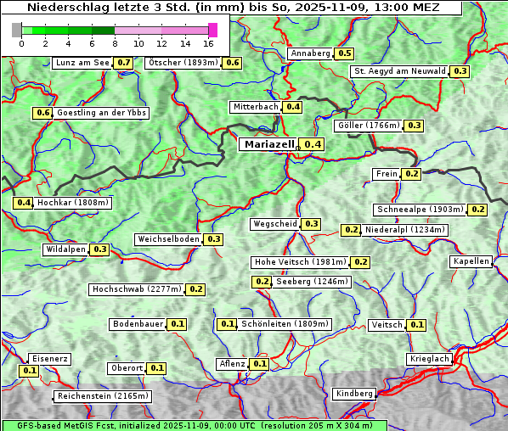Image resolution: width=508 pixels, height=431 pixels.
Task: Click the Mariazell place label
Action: coord(269,144)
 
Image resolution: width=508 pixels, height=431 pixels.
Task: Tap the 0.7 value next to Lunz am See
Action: coord(124,63)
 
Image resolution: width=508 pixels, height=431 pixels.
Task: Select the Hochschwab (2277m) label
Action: coord(137,289)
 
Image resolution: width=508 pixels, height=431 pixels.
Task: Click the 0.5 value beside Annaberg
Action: coord(344,53)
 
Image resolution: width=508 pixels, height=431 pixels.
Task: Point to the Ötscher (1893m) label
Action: coord(183,63)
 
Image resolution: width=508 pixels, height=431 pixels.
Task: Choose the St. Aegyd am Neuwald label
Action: coord(399,71)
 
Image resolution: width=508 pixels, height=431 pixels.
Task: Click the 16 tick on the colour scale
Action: coord(208,42)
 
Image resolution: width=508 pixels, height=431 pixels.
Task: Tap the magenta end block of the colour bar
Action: coord(212,30)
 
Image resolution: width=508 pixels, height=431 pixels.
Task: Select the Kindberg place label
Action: coord(354,394)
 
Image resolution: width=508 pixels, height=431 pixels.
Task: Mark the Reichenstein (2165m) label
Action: coord(103,396)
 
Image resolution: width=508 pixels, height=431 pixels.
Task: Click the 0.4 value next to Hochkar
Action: coord(23,203)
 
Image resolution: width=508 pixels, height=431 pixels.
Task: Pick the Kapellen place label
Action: coord(471,261)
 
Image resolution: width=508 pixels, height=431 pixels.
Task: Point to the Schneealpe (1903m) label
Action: coord(420,210)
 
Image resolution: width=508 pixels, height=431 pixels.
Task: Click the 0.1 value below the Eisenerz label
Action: coord(29,371)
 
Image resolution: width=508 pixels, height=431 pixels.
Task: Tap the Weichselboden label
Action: coord(168,239)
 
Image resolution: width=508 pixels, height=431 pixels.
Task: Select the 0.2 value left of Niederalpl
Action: coord(350,230)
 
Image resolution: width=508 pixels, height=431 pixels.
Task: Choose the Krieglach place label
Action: coord(429,360)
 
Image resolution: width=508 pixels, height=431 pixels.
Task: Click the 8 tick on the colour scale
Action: coord(114,42)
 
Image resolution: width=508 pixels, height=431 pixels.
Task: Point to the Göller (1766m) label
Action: coord(368,126)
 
